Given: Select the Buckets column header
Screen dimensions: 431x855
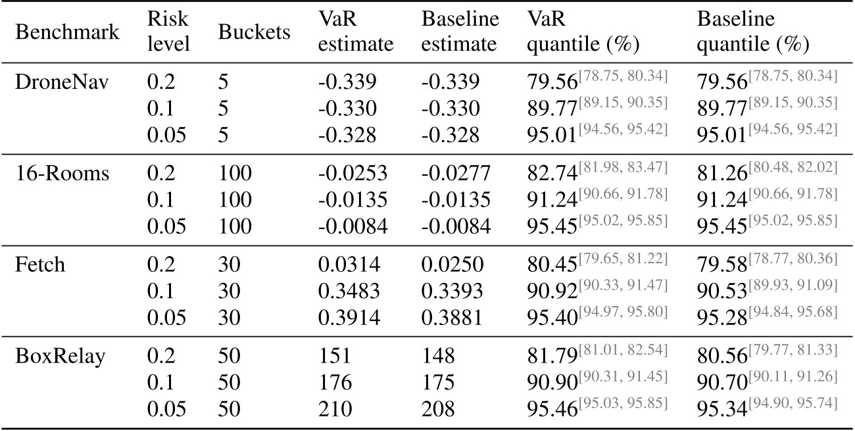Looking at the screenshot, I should click(x=255, y=33).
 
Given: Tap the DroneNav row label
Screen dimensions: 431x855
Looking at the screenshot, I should click(x=54, y=82).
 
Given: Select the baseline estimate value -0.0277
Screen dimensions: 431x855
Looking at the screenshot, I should click(x=455, y=174).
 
